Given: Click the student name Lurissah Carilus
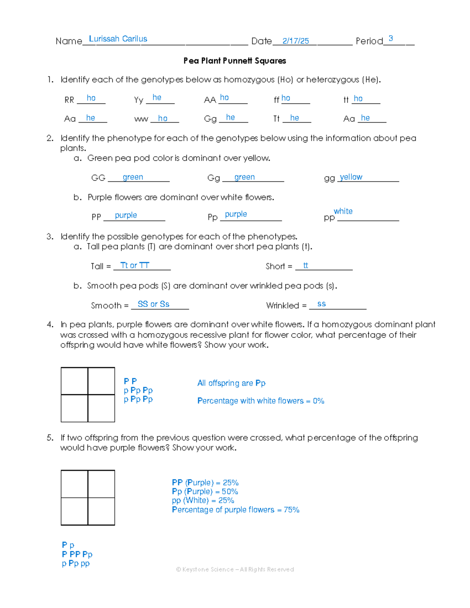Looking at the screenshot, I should [x=118, y=39].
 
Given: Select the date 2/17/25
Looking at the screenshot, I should [x=295, y=41].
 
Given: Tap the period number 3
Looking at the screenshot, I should [x=390, y=38].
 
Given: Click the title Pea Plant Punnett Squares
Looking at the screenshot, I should [x=235, y=61].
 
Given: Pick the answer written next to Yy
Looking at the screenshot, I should [x=157, y=97].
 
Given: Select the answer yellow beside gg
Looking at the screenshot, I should [x=351, y=177].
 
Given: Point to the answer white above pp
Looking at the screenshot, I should [x=343, y=211].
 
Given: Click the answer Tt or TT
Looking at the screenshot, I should [x=135, y=265].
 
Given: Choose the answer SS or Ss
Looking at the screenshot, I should [x=154, y=304].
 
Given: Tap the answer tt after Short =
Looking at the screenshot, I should [x=305, y=265].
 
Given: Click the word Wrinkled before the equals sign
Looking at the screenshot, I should [x=282, y=305].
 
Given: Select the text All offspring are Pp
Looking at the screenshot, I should [x=231, y=383].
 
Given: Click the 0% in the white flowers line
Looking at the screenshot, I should [x=318, y=401].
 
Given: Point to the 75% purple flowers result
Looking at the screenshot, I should [x=291, y=510].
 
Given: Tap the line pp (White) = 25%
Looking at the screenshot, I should [x=203, y=500].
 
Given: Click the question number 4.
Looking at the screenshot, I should [x=50, y=325].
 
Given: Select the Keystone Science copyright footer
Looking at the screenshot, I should [x=235, y=569].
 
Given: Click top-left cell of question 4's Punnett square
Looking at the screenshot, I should [x=74, y=381].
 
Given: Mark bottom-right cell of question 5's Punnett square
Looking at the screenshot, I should [x=101, y=511].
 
